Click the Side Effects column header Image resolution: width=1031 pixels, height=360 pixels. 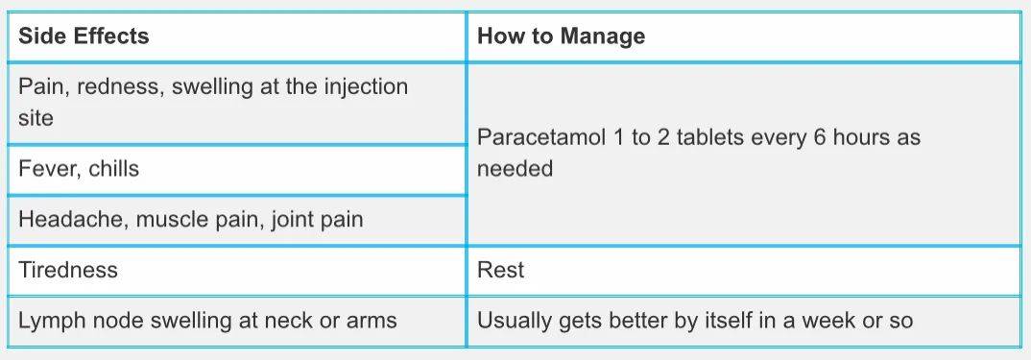pyautogui.click(x=84, y=36)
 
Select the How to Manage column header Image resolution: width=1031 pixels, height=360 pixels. pyautogui.click(x=561, y=36)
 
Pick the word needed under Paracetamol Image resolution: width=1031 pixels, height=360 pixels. pyautogui.click(x=515, y=169)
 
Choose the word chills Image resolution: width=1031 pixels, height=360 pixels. pyautogui.click(x=113, y=169)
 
